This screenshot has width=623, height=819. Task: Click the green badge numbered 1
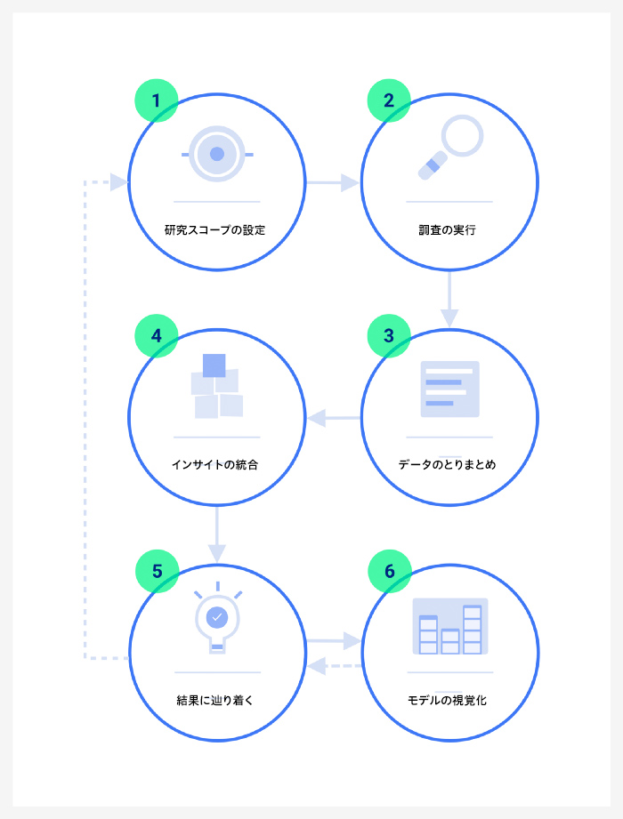tap(157, 100)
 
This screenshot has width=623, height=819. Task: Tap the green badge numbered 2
tap(389, 100)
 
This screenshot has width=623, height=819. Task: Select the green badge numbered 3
tap(389, 336)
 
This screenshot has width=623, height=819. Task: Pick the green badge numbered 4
tap(157, 336)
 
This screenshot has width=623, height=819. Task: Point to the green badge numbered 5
tap(157, 571)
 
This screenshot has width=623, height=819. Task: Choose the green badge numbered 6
tap(390, 571)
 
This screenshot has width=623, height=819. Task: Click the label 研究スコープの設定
tap(214, 229)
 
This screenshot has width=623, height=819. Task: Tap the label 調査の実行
tap(448, 229)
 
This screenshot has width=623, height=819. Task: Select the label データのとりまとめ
tap(448, 464)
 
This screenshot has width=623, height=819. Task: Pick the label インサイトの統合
tap(214, 464)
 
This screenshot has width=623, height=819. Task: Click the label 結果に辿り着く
tap(214, 700)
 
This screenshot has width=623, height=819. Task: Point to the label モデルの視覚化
tap(448, 700)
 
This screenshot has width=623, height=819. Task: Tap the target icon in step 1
tap(217, 154)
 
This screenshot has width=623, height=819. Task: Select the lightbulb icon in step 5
tap(217, 617)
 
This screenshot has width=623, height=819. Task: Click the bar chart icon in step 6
tap(450, 626)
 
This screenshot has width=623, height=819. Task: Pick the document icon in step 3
tap(450, 389)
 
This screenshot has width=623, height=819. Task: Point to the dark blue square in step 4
tap(214, 365)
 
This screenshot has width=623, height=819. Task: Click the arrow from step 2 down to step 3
tap(449, 299)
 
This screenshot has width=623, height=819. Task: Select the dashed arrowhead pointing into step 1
tap(119, 182)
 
